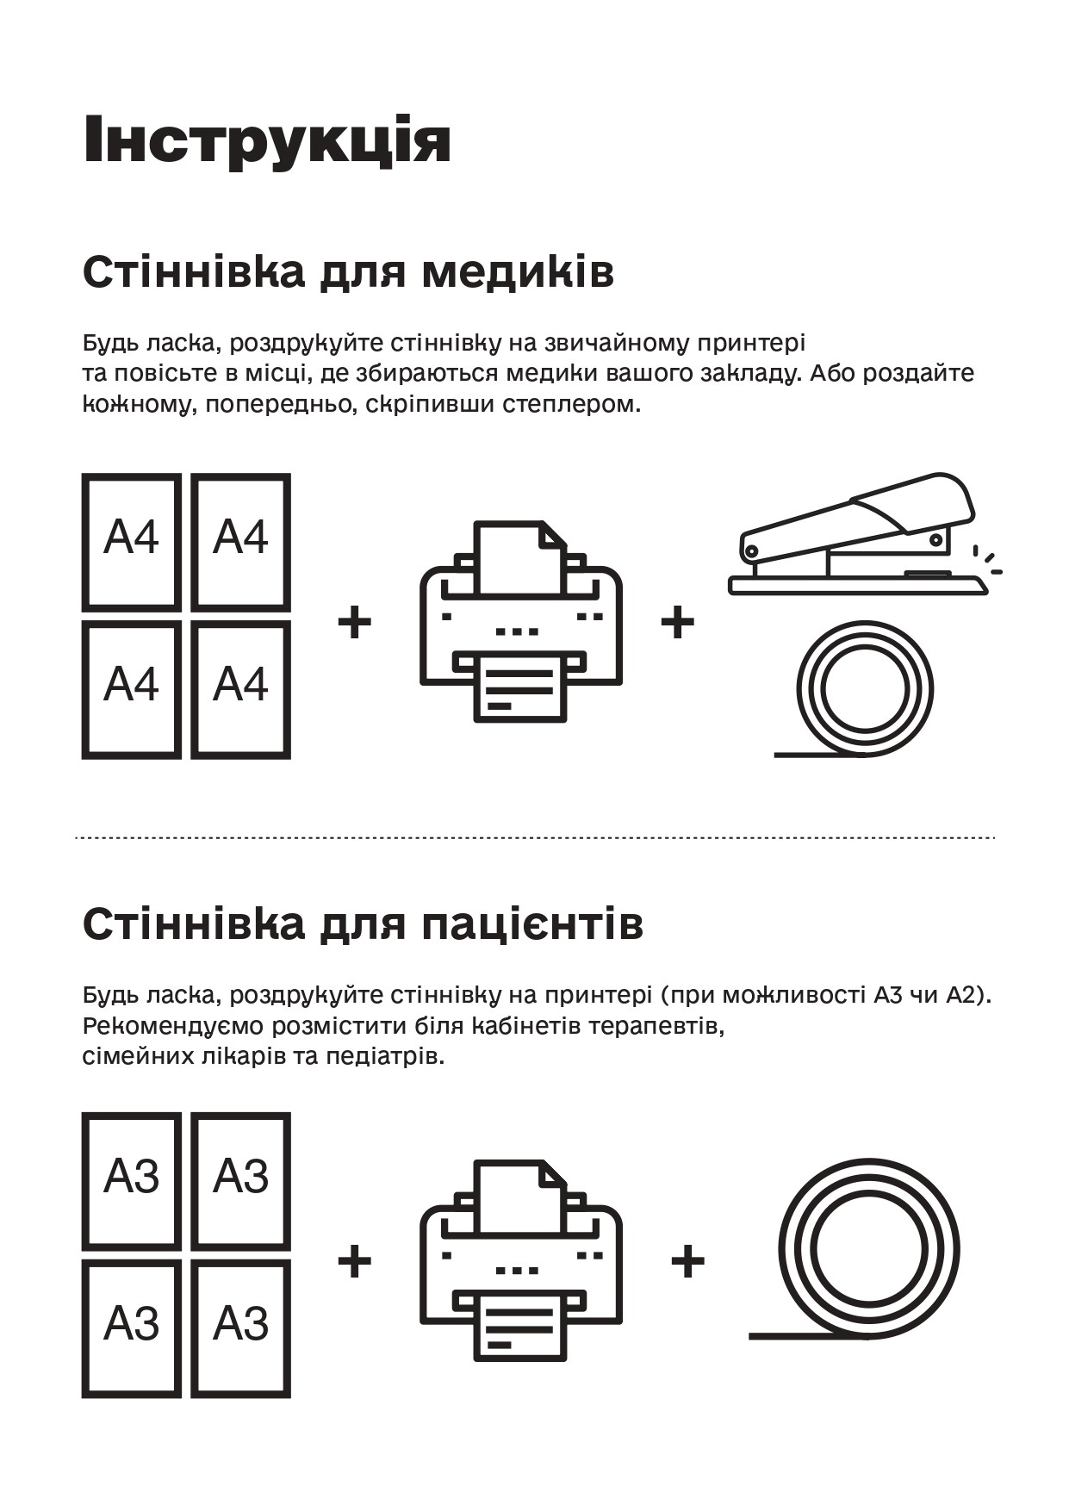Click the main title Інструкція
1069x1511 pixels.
coord(267,139)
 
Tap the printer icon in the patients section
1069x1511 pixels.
coord(521,1259)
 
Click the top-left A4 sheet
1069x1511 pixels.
coord(132,542)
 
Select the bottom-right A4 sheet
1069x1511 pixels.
coord(240,689)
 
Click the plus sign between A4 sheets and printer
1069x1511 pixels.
coord(354,622)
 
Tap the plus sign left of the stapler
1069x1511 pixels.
coord(677,622)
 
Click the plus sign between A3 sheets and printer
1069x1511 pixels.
coord(354,1262)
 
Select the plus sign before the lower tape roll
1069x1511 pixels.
coord(687,1262)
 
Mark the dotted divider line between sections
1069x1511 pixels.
coord(534,836)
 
